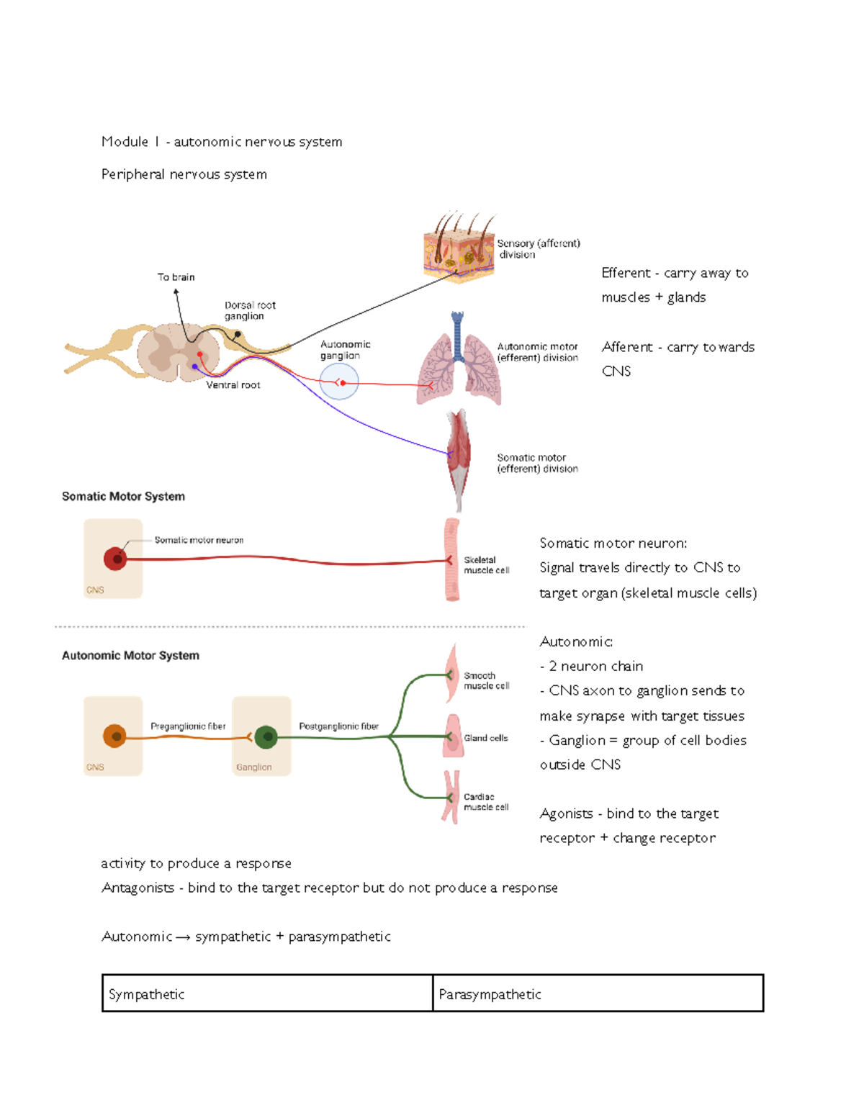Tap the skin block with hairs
coord(459,248)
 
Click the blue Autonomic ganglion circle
coord(339,382)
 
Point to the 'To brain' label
coord(176,277)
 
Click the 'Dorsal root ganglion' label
coord(249,310)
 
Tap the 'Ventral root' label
coord(233,385)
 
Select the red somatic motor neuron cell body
coord(115,559)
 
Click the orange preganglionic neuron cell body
coord(114,736)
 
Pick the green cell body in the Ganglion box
coord(266,736)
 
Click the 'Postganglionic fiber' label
coord(338,726)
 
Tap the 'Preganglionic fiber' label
coord(188,726)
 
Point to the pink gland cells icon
coord(453,736)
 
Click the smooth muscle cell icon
coord(451,674)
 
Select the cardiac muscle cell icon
coord(451,797)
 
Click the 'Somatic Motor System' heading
coord(123,497)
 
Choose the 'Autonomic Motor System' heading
coord(130,656)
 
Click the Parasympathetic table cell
coord(598,993)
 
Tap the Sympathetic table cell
coord(267,993)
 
